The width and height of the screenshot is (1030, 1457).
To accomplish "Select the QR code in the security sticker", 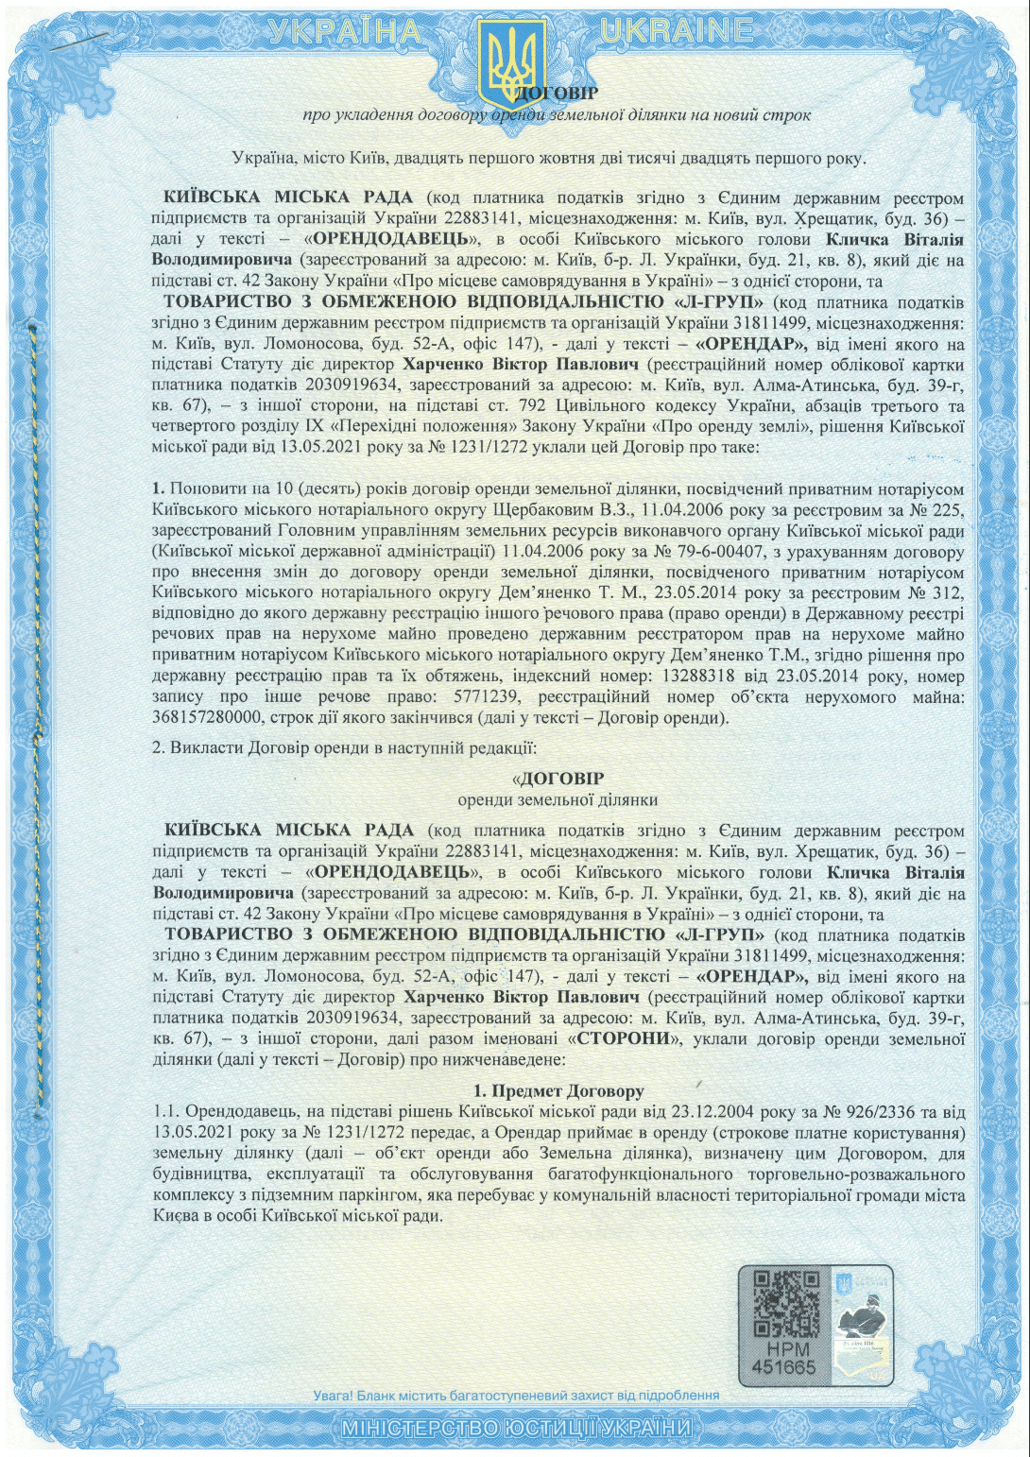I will click(x=784, y=1304).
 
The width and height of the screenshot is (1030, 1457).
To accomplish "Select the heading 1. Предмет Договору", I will click(x=558, y=1090).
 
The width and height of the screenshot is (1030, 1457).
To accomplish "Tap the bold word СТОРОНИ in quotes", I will click(x=630, y=1040).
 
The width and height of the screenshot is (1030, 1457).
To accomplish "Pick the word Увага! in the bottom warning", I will click(x=335, y=1395).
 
